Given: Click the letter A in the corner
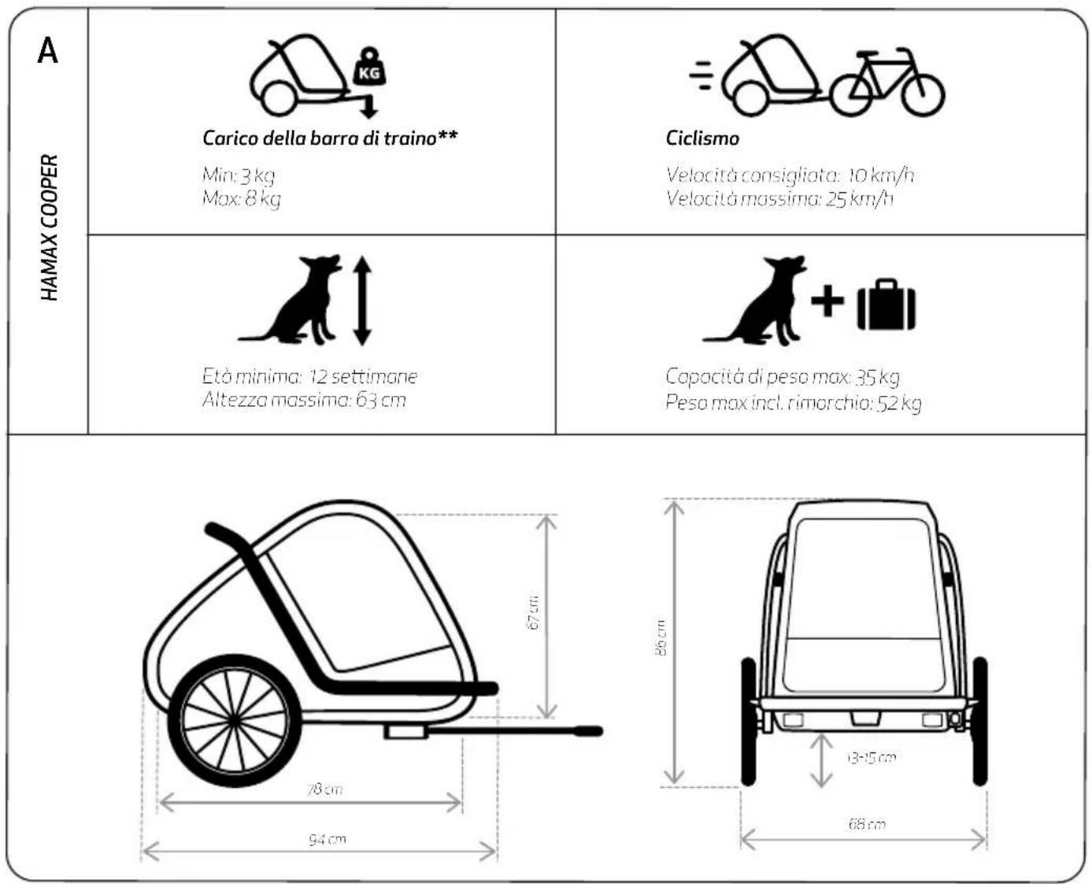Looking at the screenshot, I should tap(47, 50).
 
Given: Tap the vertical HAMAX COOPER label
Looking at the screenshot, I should tap(50, 227).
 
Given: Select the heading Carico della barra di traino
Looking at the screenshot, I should tap(330, 138).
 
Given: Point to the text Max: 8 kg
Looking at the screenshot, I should tap(241, 198).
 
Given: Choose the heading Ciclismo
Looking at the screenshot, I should tap(702, 138).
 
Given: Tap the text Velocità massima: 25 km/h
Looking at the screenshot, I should tap(779, 198).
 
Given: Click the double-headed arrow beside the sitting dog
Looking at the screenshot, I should tap(361, 300).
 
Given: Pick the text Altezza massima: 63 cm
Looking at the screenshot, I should tap(304, 399).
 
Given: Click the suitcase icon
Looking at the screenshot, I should tap(887, 305).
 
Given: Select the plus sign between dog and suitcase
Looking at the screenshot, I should tap(827, 300).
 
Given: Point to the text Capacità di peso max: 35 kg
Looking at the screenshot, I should tap(782, 376).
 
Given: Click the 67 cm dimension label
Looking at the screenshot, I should tap(534, 612).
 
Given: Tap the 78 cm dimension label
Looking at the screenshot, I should tap(324, 788).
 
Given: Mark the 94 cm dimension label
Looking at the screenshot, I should tap(327, 839).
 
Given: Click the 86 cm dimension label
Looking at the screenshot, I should tap(661, 638).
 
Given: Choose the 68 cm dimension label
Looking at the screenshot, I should tap(866, 823).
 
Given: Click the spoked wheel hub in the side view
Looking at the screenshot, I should tap(233, 719).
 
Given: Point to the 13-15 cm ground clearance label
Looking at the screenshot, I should tap(872, 757).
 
